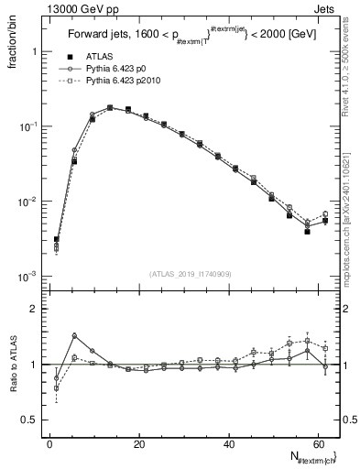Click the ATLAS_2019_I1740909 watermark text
coord(190,274)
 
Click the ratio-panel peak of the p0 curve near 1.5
coord(74,336)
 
